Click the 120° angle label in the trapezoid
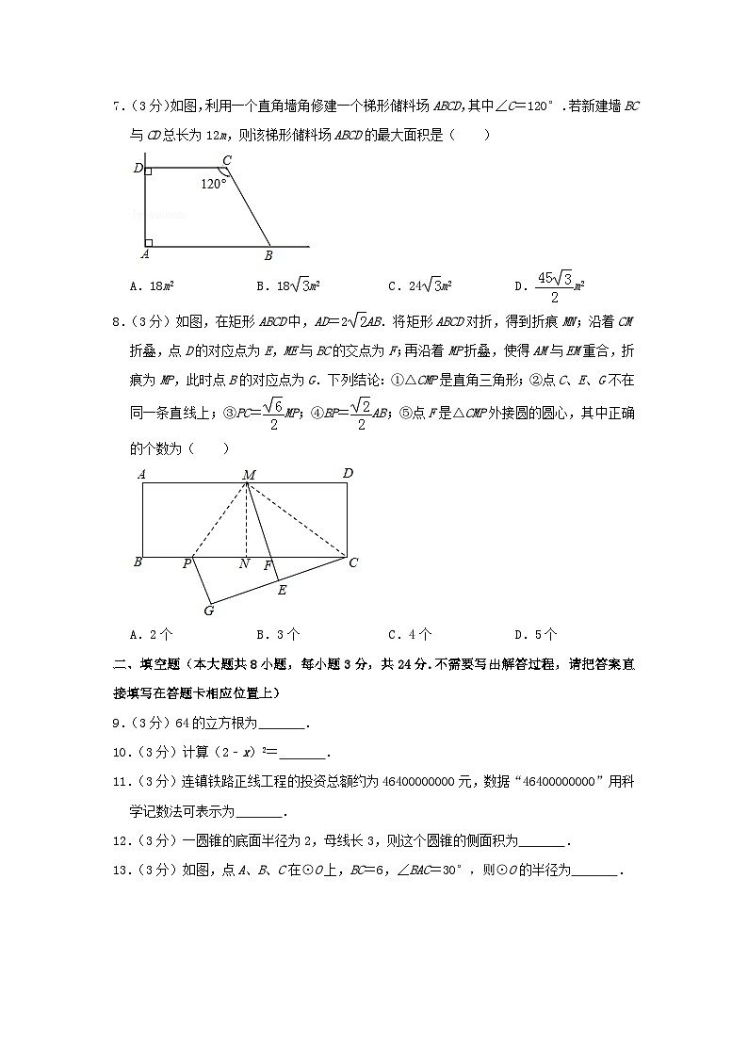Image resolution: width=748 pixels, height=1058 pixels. (x=214, y=184)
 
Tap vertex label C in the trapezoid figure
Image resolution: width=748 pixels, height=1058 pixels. (x=226, y=160)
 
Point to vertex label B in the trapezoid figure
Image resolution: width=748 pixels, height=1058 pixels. (x=268, y=255)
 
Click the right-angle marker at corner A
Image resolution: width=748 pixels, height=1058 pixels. (x=149, y=242)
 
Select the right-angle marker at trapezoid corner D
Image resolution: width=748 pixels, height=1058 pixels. (x=149, y=172)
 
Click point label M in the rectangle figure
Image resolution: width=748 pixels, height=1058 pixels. (x=249, y=475)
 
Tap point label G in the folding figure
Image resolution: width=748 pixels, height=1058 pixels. (x=208, y=610)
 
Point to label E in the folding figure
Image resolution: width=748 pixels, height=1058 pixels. (x=281, y=590)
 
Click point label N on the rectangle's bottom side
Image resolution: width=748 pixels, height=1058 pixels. (x=244, y=564)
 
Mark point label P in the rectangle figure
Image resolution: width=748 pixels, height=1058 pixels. (x=187, y=564)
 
